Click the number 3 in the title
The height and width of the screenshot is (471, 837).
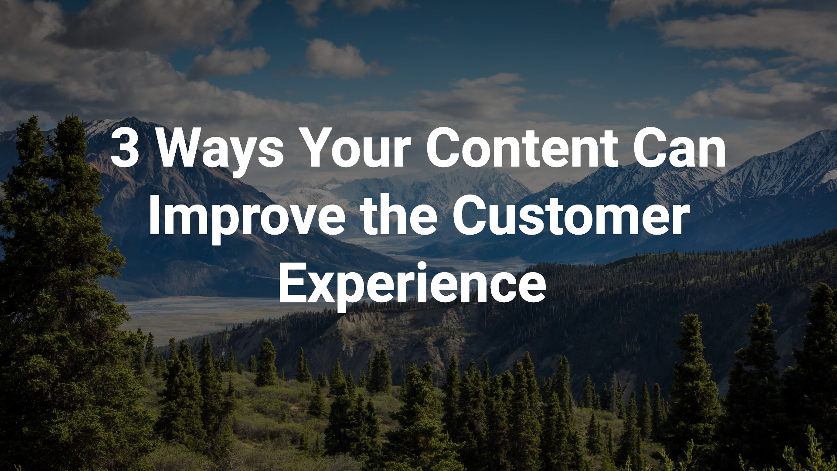coord(125,148)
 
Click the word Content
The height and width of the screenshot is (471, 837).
coord(521,148)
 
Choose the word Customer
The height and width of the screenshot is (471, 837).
coord(571,216)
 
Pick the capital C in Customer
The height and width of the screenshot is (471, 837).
coord(469,217)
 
